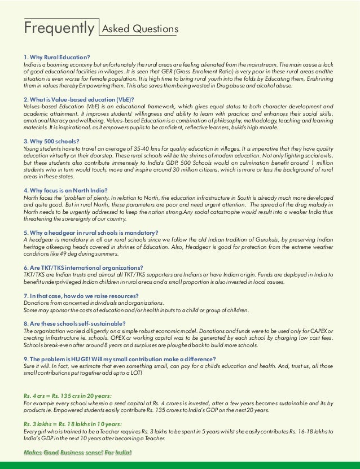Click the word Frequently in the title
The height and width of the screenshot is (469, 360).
tap(59, 28)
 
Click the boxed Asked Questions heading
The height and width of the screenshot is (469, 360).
tap(139, 29)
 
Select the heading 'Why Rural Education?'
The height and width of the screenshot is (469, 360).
tap(56, 57)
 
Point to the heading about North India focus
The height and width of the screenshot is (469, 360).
tap(65, 190)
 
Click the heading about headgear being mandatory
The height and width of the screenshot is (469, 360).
tap(91, 233)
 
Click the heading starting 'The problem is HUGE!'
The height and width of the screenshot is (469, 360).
tap(119, 359)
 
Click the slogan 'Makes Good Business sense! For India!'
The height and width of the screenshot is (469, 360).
tap(77, 453)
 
